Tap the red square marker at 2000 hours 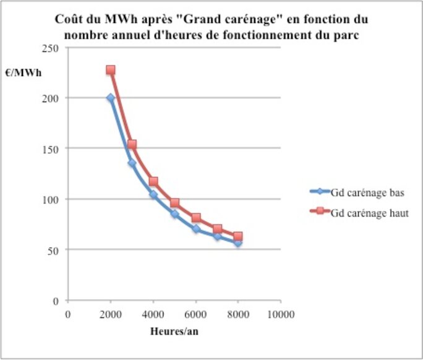click(110, 71)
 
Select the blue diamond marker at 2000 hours click(110, 98)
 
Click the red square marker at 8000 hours click(237, 236)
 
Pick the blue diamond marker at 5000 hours click(174, 214)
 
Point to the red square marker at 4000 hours click(153, 182)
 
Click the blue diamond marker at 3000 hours click(132, 163)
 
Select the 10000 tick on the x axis click(280, 314)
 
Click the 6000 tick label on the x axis click(195, 314)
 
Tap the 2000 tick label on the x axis click(110, 314)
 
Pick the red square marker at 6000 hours click(195, 218)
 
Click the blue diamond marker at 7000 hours click(216, 236)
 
